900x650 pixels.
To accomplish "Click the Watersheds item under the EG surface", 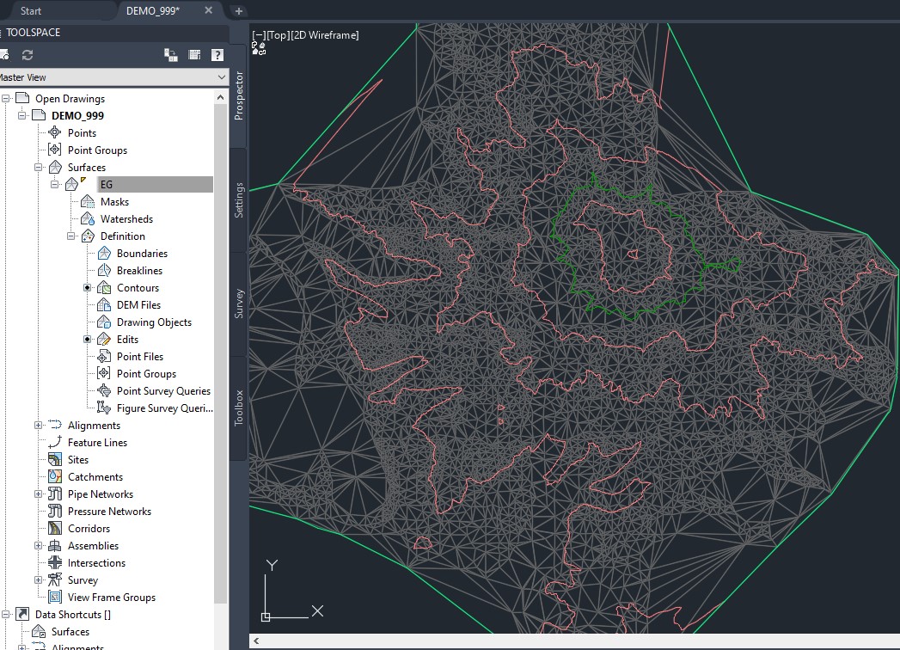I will (126, 219).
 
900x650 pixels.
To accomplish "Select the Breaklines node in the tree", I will (139, 271).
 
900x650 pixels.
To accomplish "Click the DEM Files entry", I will (138, 305).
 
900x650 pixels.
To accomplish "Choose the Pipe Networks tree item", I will (101, 494).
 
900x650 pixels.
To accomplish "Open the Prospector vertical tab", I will (239, 95).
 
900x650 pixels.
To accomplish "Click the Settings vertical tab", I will (239, 199).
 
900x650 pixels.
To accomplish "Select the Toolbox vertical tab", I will (239, 408).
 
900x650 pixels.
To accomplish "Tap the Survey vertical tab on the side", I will (239, 304).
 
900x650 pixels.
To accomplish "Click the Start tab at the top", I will (31, 11).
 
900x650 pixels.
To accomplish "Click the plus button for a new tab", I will (239, 11).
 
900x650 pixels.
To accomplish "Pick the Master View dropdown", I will (112, 77).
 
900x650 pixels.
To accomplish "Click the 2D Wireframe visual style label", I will (325, 35).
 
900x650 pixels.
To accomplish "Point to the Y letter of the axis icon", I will (271, 565).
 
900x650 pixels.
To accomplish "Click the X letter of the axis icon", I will (317, 611).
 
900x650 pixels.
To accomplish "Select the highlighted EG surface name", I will (107, 185).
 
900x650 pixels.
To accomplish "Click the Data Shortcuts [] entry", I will (72, 615).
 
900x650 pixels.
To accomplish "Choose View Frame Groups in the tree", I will (112, 598).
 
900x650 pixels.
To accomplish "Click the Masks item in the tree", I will (114, 202).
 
